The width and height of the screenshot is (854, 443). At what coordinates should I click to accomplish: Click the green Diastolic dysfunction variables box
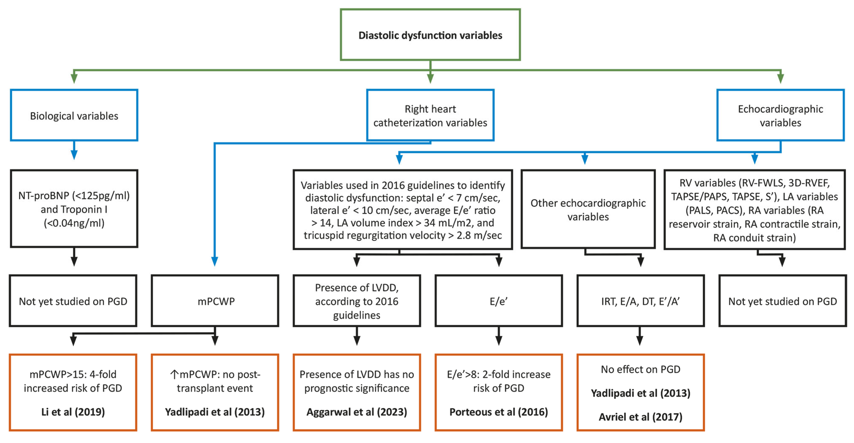click(x=430, y=35)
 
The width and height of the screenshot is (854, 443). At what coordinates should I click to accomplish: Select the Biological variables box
click(x=74, y=115)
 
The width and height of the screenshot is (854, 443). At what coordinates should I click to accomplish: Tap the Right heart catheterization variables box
click(x=430, y=115)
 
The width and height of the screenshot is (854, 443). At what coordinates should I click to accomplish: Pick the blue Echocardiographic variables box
click(x=780, y=115)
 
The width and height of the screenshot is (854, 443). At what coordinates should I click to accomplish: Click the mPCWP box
click(x=215, y=301)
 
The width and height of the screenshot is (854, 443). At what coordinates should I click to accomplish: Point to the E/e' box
click(x=498, y=301)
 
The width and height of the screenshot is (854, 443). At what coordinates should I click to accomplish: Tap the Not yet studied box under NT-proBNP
click(x=73, y=301)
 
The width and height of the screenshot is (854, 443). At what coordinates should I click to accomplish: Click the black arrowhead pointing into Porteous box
click(x=498, y=341)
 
